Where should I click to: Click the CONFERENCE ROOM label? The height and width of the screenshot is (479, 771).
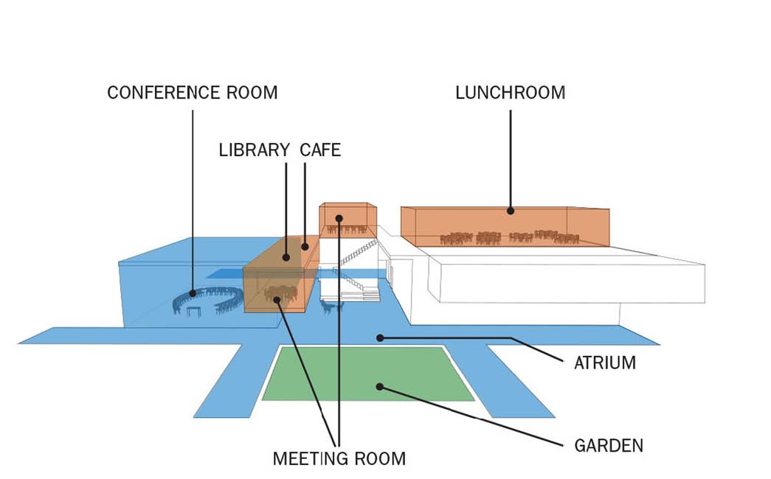pos(193,92)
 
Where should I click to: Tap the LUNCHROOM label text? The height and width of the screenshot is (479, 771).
pos(511,92)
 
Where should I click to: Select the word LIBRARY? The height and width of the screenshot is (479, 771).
pos(255,150)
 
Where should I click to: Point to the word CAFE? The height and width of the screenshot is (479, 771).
pos(321,150)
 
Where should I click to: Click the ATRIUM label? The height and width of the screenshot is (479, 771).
pos(605,363)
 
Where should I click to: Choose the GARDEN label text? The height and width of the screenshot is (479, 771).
pos(609,446)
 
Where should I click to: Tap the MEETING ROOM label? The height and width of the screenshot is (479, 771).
pos(339,458)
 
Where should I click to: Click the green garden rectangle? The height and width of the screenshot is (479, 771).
pos(368,374)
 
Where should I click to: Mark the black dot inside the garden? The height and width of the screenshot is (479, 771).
pos(380,387)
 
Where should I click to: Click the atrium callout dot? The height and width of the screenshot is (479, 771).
pos(380,338)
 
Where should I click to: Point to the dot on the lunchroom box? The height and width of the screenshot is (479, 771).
pos(511,211)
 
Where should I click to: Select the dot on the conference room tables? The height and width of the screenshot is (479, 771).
pos(193,293)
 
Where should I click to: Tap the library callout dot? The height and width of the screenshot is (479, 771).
pos(286,257)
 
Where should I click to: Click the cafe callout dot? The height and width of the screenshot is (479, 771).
pos(305,247)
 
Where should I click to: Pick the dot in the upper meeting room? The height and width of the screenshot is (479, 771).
pos(339,217)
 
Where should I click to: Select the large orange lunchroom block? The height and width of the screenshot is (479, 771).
pos(505,226)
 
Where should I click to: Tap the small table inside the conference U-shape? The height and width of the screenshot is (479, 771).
pos(194,311)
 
